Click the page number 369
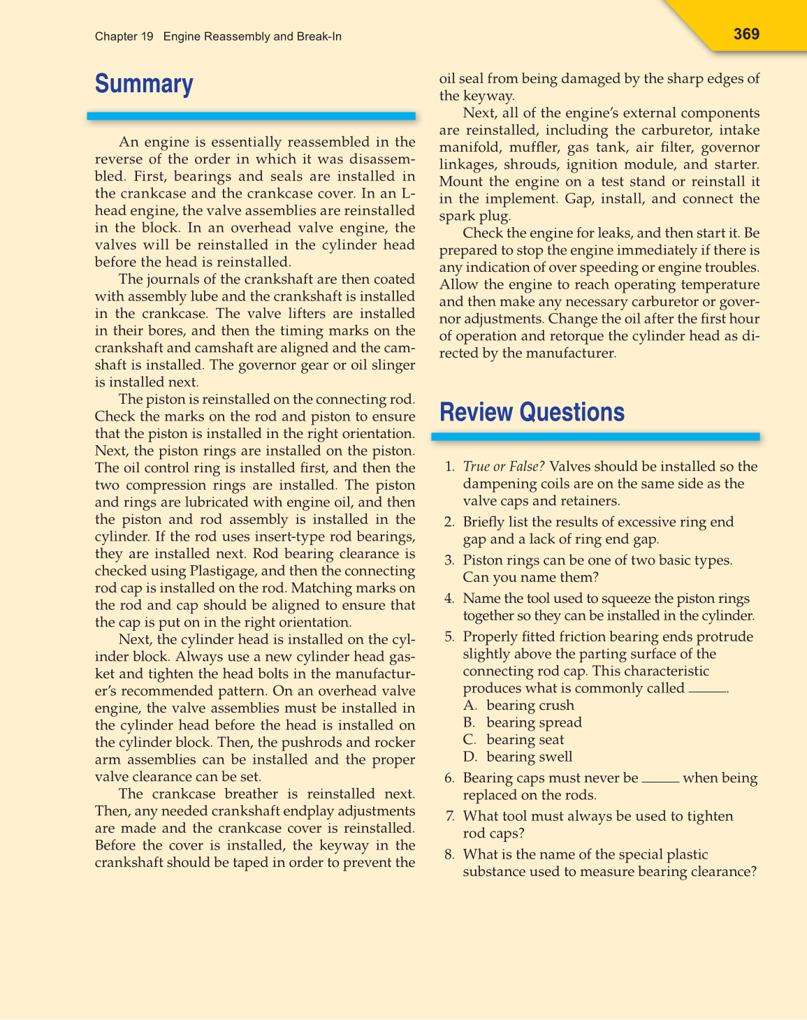746,34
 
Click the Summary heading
144,84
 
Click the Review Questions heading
532,412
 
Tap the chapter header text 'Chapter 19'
124,36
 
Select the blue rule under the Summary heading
252,116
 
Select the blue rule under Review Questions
595,437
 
